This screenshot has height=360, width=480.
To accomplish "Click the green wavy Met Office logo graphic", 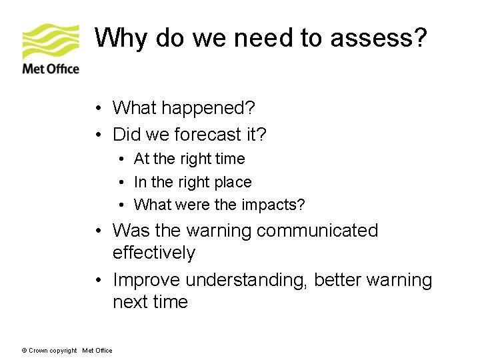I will pos(50,41).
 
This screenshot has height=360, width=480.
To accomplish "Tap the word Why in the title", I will pos(121,39).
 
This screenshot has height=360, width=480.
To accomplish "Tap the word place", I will pos(233,182).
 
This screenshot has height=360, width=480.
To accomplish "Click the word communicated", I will pos(317,231).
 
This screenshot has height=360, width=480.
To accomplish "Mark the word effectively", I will pos(154,253).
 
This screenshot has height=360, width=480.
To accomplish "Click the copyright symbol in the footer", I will pos(24,351).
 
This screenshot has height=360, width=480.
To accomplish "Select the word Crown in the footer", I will pos(37,351).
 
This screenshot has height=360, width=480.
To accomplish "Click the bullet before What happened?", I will pos(98,109).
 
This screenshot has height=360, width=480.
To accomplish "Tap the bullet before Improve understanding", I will pos(98,281).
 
